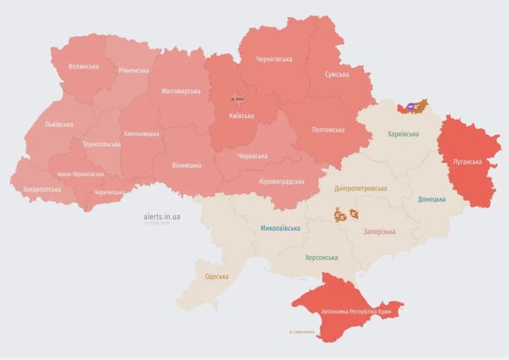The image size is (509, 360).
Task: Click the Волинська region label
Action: (x=83, y=66)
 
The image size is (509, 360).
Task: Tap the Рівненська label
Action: (x=134, y=71)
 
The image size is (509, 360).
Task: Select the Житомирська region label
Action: (x=180, y=91)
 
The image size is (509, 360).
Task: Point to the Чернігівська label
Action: (x=274, y=59)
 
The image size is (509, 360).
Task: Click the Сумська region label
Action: (x=337, y=74)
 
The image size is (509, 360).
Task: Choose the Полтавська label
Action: (x=328, y=130)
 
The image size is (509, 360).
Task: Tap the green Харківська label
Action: (x=403, y=134)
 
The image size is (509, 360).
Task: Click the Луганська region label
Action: (x=468, y=162)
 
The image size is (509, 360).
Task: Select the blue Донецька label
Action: (x=432, y=199)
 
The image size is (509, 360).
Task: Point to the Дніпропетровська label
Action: (x=361, y=189)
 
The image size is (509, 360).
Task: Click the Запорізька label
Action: (x=380, y=231)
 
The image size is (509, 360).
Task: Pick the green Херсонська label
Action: (x=321, y=258)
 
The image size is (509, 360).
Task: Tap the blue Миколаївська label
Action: (x=280, y=228)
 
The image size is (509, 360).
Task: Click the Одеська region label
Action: (x=216, y=277)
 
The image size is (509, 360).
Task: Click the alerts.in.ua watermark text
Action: (x=160, y=216)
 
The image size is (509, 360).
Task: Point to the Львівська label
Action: (x=59, y=124)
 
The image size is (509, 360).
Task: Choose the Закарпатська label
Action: (x=41, y=190)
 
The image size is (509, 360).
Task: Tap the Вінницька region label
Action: (x=187, y=166)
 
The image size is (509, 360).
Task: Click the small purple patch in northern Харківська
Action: (x=410, y=107)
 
